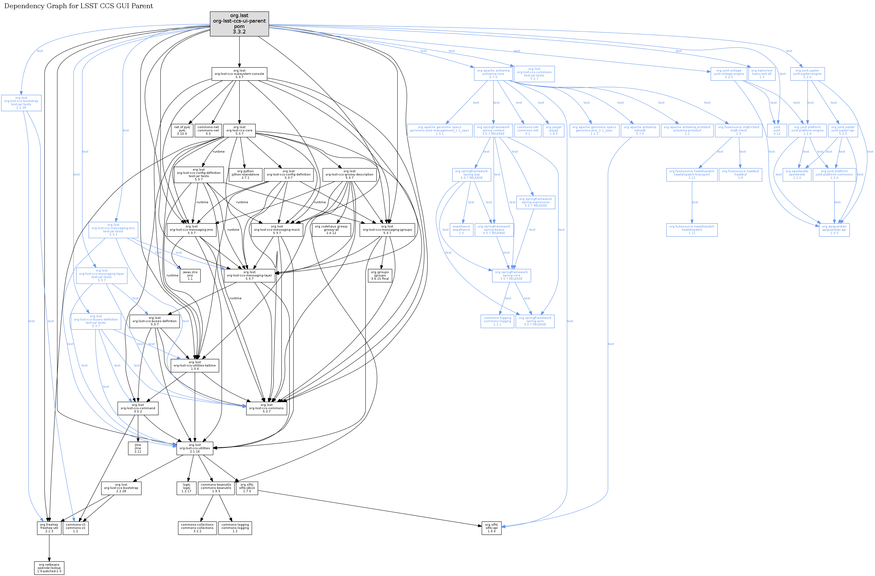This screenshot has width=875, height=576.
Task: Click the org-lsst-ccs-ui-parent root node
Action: (239, 24)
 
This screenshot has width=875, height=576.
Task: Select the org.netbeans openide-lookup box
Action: (49, 568)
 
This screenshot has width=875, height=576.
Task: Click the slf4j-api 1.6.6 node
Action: (491, 528)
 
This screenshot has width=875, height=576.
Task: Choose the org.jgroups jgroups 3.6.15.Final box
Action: (380, 275)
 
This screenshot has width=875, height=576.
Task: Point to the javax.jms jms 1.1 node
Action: (190, 275)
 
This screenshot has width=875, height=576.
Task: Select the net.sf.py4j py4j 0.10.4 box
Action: (182, 130)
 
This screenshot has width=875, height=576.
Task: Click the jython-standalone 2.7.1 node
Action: (245, 174)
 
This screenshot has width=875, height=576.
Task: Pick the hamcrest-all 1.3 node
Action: (762, 74)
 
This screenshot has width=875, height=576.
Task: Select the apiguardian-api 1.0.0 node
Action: (834, 230)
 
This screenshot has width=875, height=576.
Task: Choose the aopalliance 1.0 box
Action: (461, 230)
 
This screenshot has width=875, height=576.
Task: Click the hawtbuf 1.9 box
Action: (740, 174)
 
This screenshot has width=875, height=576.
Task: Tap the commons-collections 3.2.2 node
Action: (197, 528)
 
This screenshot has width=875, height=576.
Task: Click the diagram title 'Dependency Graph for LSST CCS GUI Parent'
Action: (78, 6)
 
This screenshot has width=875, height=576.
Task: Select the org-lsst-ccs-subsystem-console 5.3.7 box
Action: (239, 74)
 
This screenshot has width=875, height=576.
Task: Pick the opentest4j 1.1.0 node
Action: (797, 174)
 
